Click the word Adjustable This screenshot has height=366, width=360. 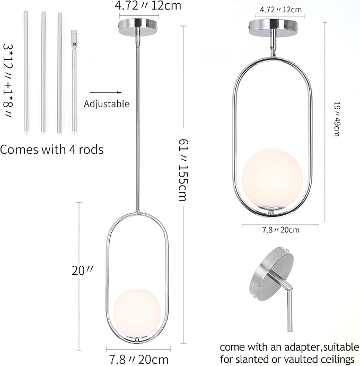coord(107,104)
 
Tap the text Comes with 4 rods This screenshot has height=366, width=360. coord(51,150)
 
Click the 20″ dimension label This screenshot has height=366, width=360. coord(82,271)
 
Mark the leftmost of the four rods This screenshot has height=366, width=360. coord(26,72)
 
